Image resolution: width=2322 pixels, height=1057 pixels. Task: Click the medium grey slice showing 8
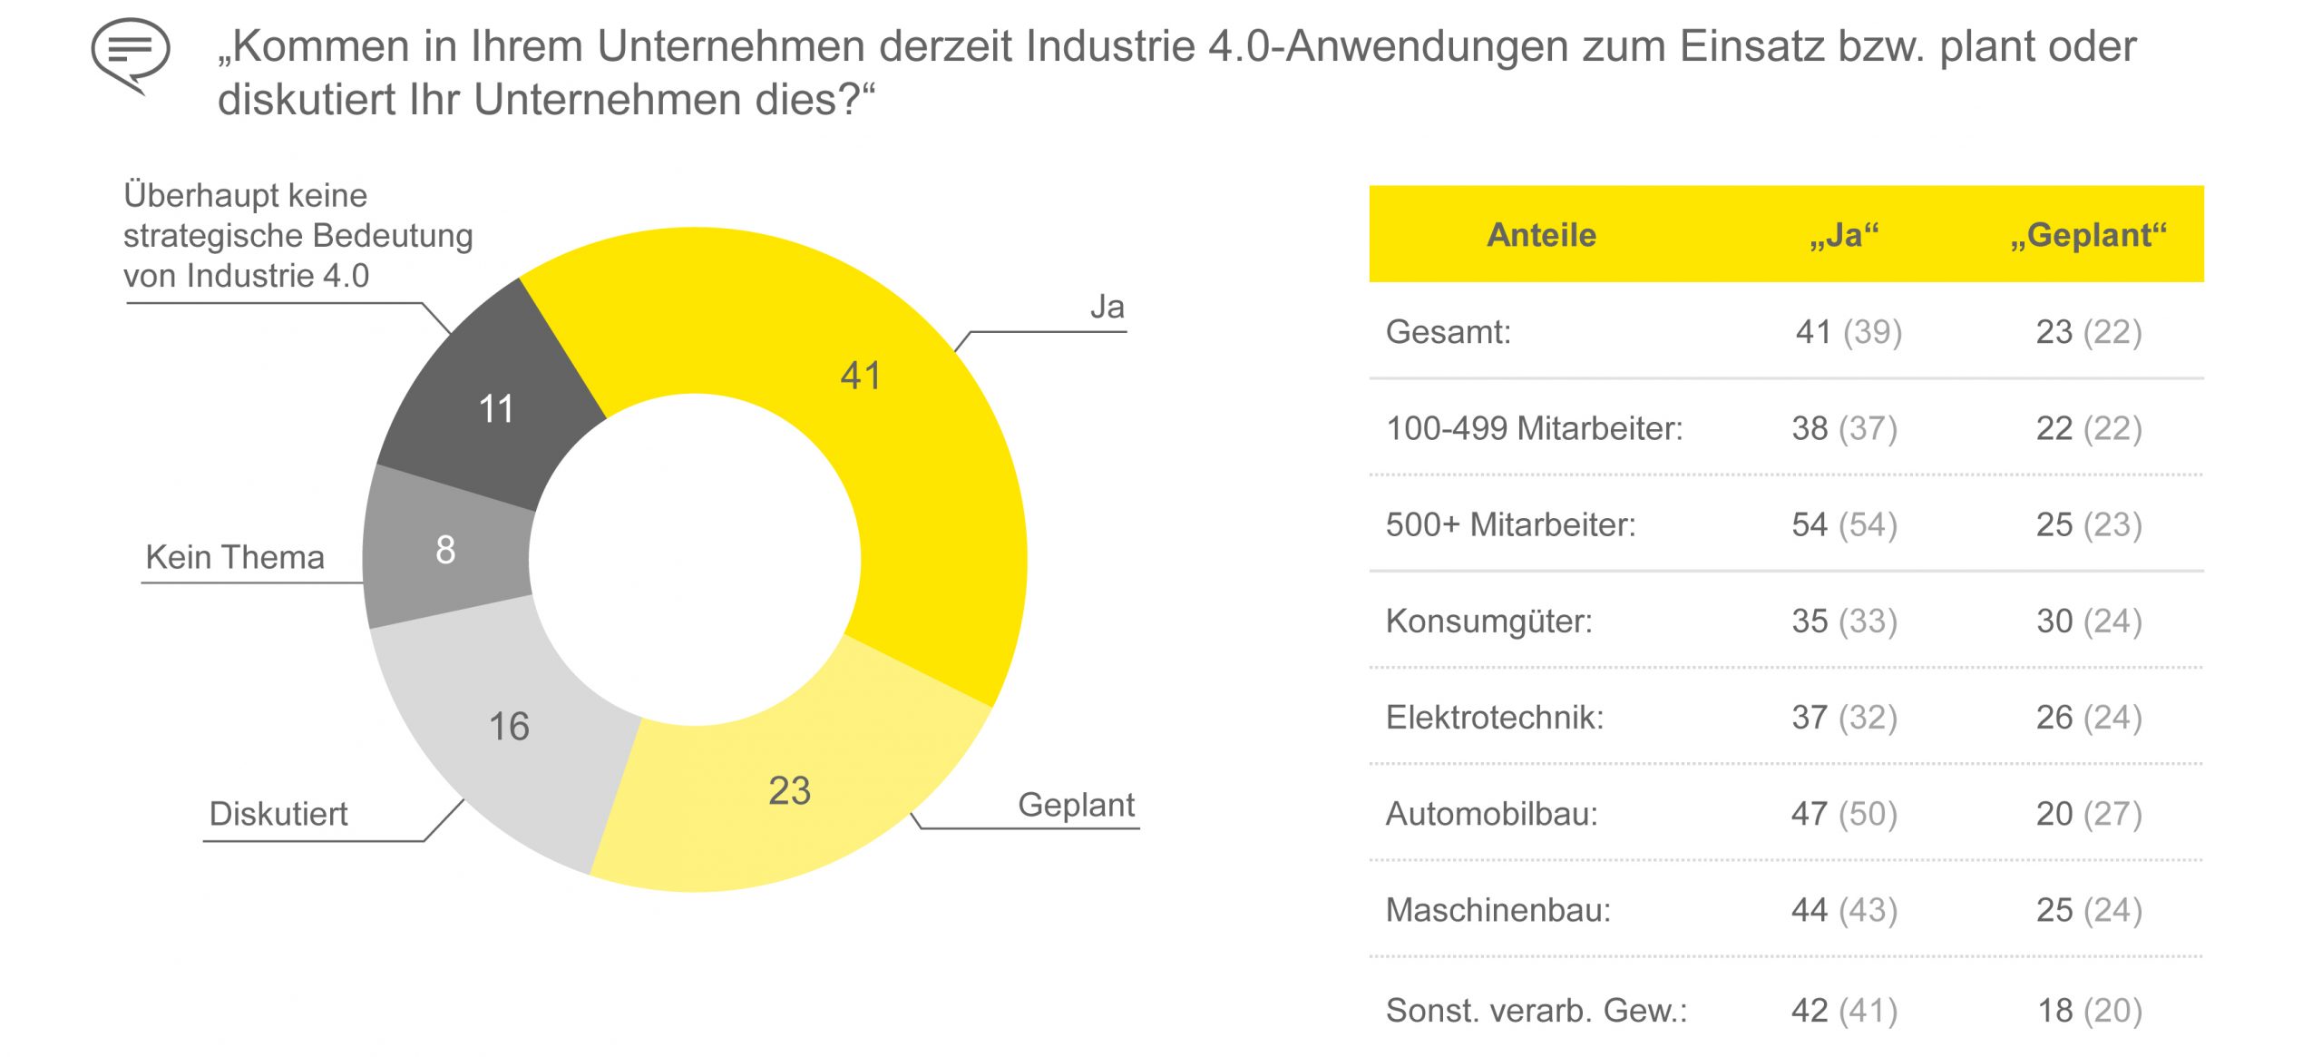[x=445, y=550]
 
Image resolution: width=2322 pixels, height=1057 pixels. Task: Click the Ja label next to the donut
[x=1107, y=308]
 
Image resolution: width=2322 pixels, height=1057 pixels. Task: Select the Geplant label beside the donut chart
[x=1076, y=805]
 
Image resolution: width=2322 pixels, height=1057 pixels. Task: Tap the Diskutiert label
[x=278, y=814]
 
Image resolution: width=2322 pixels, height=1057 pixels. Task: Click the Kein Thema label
[x=235, y=557]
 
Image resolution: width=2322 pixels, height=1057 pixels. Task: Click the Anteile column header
[x=1541, y=235]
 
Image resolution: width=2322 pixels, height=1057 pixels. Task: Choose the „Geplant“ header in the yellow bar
[x=2088, y=235]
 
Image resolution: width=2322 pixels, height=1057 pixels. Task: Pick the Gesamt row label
[x=1448, y=332]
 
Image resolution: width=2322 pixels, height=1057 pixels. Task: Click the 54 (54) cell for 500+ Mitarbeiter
[x=1844, y=524]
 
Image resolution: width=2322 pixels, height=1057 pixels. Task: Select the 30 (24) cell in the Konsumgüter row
[x=2088, y=621]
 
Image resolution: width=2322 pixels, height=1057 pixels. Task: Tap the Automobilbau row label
[x=1491, y=814]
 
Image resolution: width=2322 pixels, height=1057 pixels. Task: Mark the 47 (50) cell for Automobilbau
[x=1844, y=814]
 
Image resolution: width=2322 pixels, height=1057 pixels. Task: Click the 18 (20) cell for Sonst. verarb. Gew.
[x=2089, y=1010]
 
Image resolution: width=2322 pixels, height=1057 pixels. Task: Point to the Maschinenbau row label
[x=1498, y=910]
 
